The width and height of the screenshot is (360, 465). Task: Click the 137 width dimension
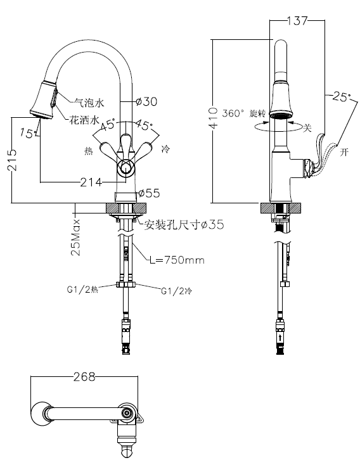tap(297, 21)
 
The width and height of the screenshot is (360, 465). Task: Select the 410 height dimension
tap(213, 118)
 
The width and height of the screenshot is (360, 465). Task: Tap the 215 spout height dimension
tap(12, 160)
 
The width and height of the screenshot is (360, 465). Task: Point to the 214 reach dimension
tap(91, 182)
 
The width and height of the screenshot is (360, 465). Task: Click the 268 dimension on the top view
tap(84, 377)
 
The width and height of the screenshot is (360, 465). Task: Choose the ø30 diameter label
tap(146, 101)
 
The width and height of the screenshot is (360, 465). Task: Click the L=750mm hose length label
tap(177, 260)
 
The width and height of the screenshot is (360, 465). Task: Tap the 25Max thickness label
tap(75, 238)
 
